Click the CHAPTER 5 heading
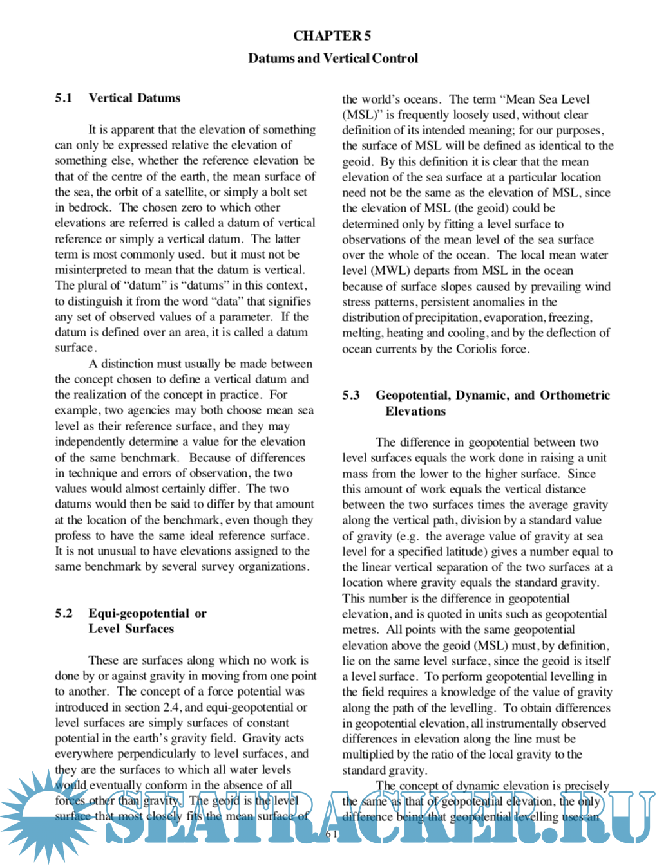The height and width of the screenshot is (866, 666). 332,36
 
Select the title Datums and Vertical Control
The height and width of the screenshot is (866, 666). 332,59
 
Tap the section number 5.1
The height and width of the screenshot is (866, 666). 64,98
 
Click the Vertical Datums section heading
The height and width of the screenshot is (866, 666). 135,98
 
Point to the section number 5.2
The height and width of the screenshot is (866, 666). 64,613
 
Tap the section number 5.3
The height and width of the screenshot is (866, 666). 351,395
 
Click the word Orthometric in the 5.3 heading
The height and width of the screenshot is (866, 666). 575,395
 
